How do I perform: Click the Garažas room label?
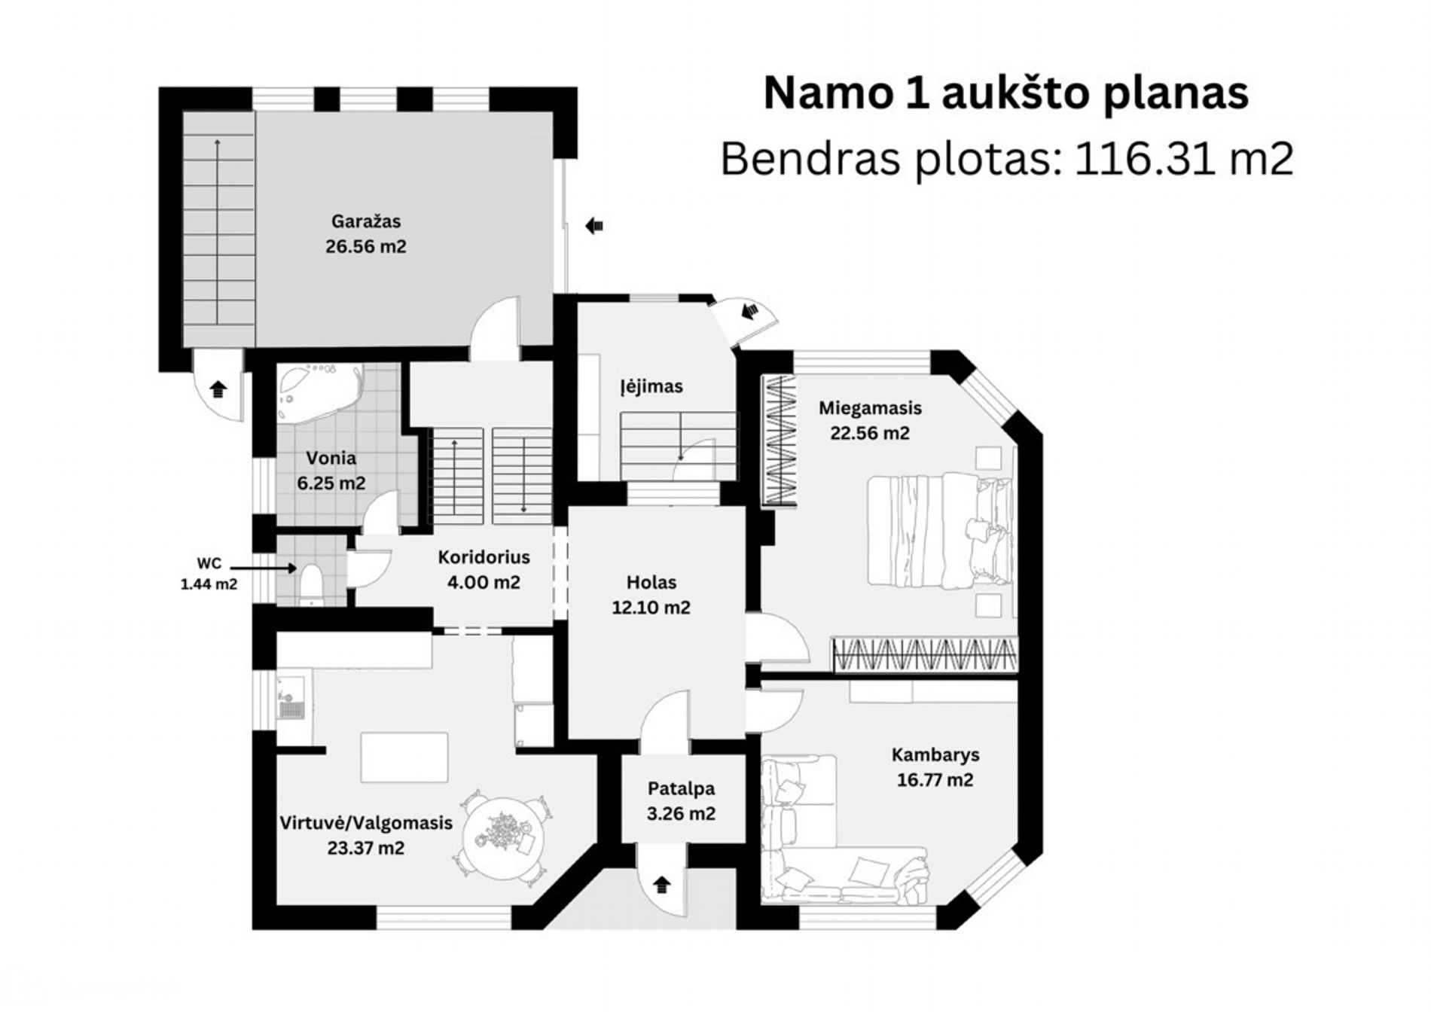366,222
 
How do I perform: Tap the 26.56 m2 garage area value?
366,247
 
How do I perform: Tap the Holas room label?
651,582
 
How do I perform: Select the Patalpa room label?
681,789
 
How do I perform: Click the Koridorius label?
484,557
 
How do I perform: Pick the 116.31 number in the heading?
1139,159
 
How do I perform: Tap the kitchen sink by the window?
291,700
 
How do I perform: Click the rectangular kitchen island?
404,757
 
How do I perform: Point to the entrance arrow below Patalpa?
662,885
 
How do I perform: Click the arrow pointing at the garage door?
594,225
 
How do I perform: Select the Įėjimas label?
651,387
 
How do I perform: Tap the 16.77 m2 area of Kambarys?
935,780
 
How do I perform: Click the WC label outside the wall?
209,563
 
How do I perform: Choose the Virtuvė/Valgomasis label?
366,823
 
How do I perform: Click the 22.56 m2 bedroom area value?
870,433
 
